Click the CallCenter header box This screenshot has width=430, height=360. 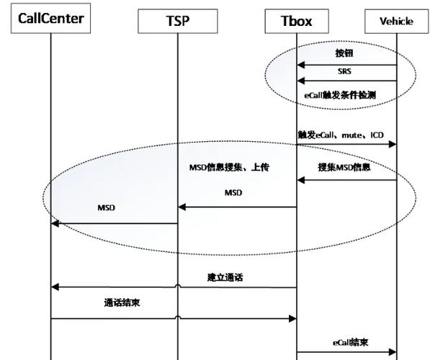click(x=50, y=19)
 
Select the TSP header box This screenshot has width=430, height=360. click(x=176, y=21)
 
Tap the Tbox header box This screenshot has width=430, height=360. click(x=297, y=21)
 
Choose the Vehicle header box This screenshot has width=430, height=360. click(x=397, y=21)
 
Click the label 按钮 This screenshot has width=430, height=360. click(x=345, y=53)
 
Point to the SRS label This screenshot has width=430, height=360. click(x=345, y=71)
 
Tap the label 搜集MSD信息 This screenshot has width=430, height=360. click(x=344, y=167)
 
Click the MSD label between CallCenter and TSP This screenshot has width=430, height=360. click(x=107, y=208)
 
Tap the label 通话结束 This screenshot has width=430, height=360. click(x=122, y=303)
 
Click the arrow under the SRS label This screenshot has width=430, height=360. click(x=346, y=81)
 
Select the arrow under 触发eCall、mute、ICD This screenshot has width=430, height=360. click(x=346, y=145)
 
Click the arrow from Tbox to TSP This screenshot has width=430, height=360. click(x=237, y=207)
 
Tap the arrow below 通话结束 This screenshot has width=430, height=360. click(x=174, y=318)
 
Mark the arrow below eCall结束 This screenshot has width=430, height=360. click(x=346, y=352)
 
